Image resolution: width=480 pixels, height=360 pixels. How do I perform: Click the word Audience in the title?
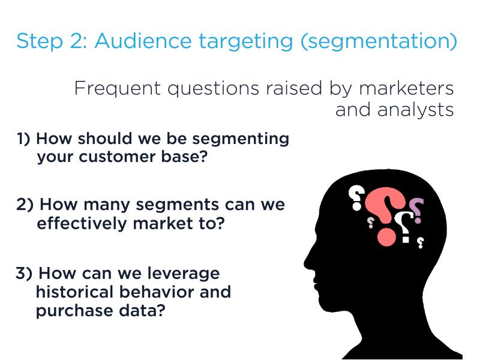[143, 40]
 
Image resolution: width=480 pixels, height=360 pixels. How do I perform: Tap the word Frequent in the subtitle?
[118, 89]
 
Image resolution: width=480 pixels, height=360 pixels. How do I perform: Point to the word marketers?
[406, 88]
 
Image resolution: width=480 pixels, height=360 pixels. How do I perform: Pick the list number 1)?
[23, 139]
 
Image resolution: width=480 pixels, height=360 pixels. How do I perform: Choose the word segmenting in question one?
[241, 139]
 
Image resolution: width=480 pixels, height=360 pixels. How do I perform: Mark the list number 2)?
[25, 204]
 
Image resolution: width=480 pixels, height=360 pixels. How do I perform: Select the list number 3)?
[24, 273]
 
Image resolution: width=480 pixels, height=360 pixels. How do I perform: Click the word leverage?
[184, 274]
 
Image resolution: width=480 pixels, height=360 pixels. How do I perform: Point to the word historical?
[74, 292]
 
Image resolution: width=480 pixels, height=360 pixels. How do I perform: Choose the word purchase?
[74, 311]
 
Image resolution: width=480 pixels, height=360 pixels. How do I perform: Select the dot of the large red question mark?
[386, 236]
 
